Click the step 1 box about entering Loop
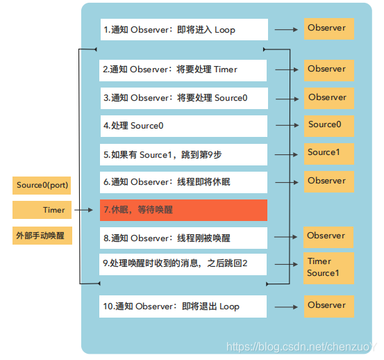pyautogui.click(x=183, y=29)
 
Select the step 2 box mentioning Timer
pyautogui.click(x=183, y=69)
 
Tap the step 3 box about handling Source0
pyautogui.click(x=183, y=98)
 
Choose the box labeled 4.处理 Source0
pyautogui.click(x=183, y=126)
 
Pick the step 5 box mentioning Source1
pyautogui.click(x=183, y=154)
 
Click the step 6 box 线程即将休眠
pyautogui.click(x=183, y=182)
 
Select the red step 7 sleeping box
pyautogui.click(x=183, y=210)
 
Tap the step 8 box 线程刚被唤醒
pyautogui.click(x=183, y=238)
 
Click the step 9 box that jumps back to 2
pyautogui.click(x=183, y=264)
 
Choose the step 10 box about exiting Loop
pyautogui.click(x=183, y=306)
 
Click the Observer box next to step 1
pyautogui.click(x=328, y=28)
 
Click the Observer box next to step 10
pyautogui.click(x=328, y=306)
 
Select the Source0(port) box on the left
pyautogui.click(x=43, y=186)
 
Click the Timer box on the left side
pyautogui.click(x=43, y=210)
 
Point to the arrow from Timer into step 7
pyautogui.click(x=85, y=210)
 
